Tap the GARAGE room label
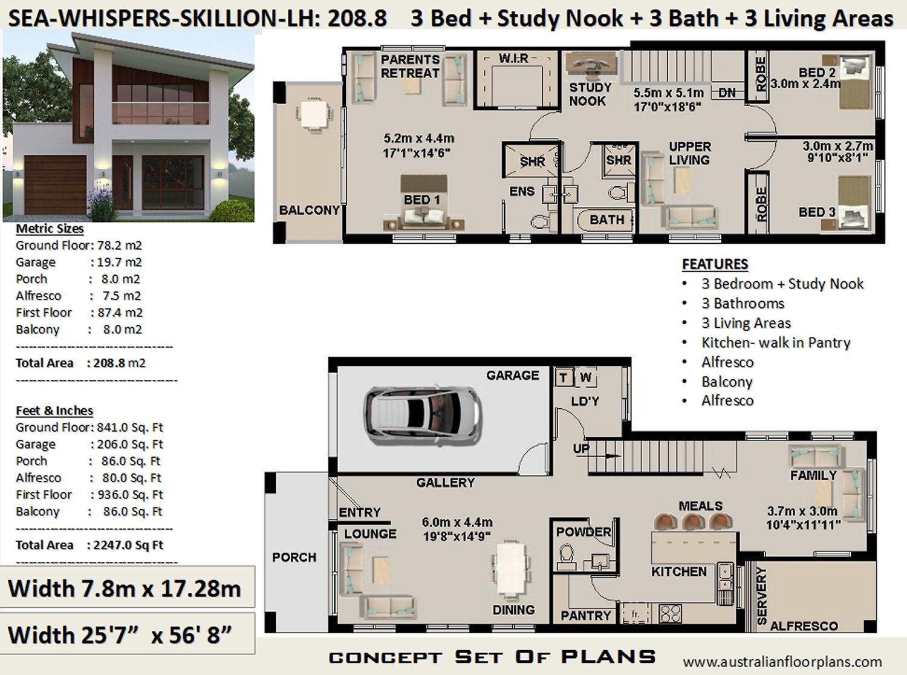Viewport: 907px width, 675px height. [512, 376]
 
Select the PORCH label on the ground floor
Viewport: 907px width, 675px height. [294, 557]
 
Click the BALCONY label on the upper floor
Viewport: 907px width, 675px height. [308, 210]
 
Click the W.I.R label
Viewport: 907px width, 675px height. [513, 58]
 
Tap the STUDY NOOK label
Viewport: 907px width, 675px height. [590, 94]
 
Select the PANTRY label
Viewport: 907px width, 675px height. [585, 615]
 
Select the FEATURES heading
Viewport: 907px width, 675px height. [715, 264]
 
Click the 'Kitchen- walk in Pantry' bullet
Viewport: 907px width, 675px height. [775, 342]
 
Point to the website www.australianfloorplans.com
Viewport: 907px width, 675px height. [782, 662]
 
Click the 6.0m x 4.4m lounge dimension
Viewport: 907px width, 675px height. [457, 522]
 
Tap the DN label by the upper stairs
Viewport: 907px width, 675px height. [727, 93]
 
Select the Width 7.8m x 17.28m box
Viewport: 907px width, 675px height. [125, 588]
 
